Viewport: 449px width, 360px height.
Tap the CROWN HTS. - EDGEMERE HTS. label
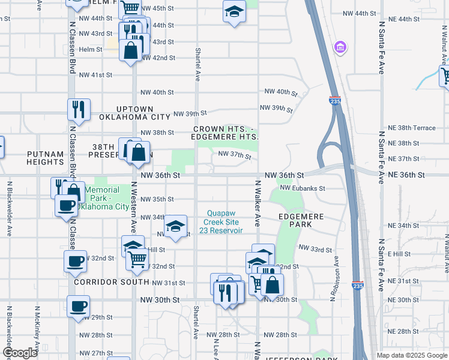(x=226, y=133)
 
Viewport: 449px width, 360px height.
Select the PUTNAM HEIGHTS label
(x=45, y=158)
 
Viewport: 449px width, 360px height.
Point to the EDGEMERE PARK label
(x=301, y=220)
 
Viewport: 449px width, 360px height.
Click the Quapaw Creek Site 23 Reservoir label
(x=224, y=221)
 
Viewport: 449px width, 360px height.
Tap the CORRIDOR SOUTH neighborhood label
(x=112, y=281)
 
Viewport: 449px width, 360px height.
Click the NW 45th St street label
(x=158, y=8)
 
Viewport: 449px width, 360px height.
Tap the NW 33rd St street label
(x=315, y=248)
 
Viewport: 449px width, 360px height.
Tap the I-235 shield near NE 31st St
(x=357, y=286)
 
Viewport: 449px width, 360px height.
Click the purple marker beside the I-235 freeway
(x=340, y=46)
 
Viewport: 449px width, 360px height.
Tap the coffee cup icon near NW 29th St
(x=78, y=305)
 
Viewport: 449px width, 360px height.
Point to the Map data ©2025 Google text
(x=411, y=355)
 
